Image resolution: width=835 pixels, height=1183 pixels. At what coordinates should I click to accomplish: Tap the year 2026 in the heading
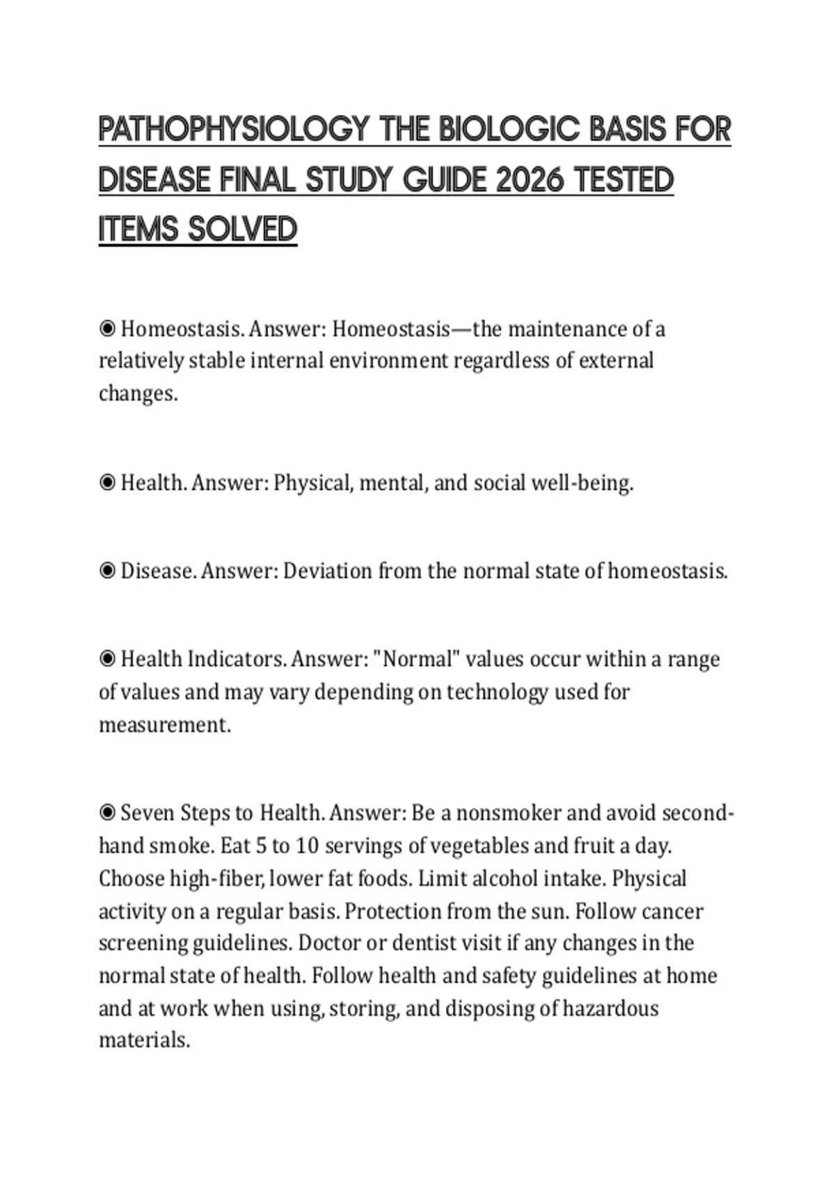530,180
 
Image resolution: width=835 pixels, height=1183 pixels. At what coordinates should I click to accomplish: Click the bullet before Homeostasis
107,328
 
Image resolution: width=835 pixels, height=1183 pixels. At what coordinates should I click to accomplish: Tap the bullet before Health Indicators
107,658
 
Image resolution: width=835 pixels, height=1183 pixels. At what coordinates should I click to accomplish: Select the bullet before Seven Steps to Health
107,813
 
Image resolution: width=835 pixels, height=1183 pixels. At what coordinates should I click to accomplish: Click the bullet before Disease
107,571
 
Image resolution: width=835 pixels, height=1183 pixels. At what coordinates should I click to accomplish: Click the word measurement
164,724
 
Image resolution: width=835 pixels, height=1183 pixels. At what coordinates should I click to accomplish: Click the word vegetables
478,845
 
